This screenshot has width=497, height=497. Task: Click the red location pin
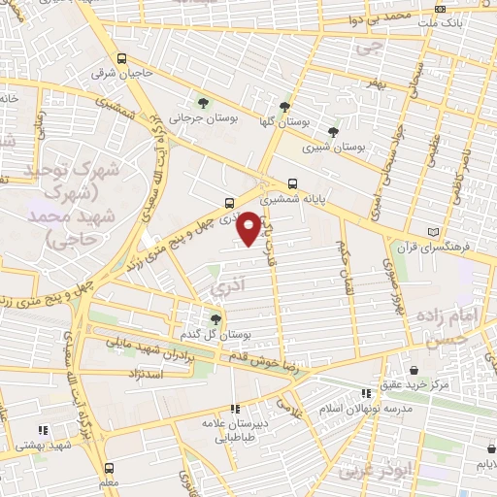pos(249,227)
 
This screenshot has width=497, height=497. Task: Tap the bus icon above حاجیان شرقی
pos(120,57)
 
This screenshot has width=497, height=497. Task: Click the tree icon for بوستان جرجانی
pos(203,103)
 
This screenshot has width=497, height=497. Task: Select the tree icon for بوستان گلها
pos(284,107)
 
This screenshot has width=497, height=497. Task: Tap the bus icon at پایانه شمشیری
pos(292,182)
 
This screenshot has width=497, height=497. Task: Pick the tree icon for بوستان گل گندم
pos(216,317)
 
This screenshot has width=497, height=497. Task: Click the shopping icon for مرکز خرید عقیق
pos(414,369)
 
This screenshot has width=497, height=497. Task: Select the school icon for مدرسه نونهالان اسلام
pos(366,392)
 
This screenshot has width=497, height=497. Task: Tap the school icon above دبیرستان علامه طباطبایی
pos(234,410)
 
